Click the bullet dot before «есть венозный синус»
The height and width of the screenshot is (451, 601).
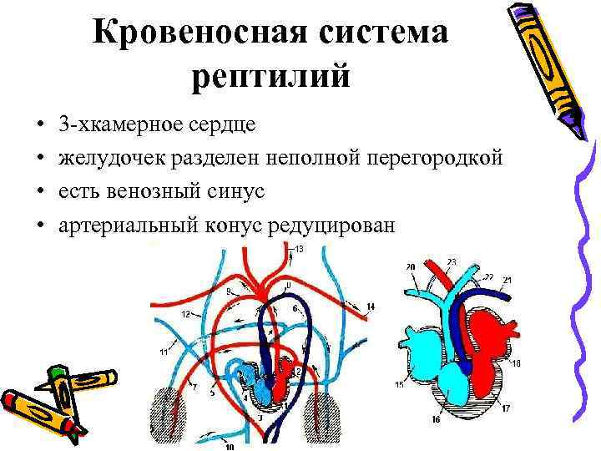(40, 192)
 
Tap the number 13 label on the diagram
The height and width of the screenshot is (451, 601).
(299, 250)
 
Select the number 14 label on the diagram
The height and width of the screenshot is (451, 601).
(371, 307)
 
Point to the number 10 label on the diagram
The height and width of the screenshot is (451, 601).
(229, 447)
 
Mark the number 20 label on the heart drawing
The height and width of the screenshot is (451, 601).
(410, 267)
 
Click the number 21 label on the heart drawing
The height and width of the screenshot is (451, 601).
(507, 279)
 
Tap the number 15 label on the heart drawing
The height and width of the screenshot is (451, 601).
(399, 385)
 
